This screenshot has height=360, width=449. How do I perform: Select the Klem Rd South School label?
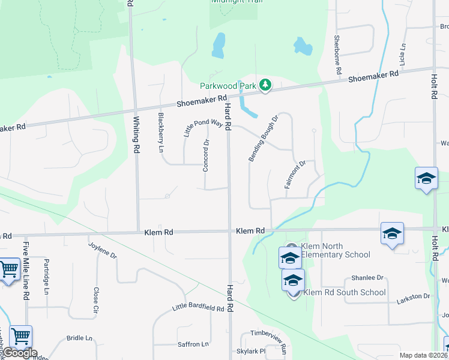click(x=345, y=292)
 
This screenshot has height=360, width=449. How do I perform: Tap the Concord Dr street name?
click(x=206, y=155)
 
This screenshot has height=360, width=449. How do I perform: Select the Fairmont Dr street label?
click(x=296, y=174)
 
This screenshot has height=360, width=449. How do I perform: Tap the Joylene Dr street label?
click(x=102, y=249)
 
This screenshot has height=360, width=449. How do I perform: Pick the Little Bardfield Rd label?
click(x=198, y=308)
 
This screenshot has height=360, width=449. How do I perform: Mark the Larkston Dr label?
click(x=414, y=296)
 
